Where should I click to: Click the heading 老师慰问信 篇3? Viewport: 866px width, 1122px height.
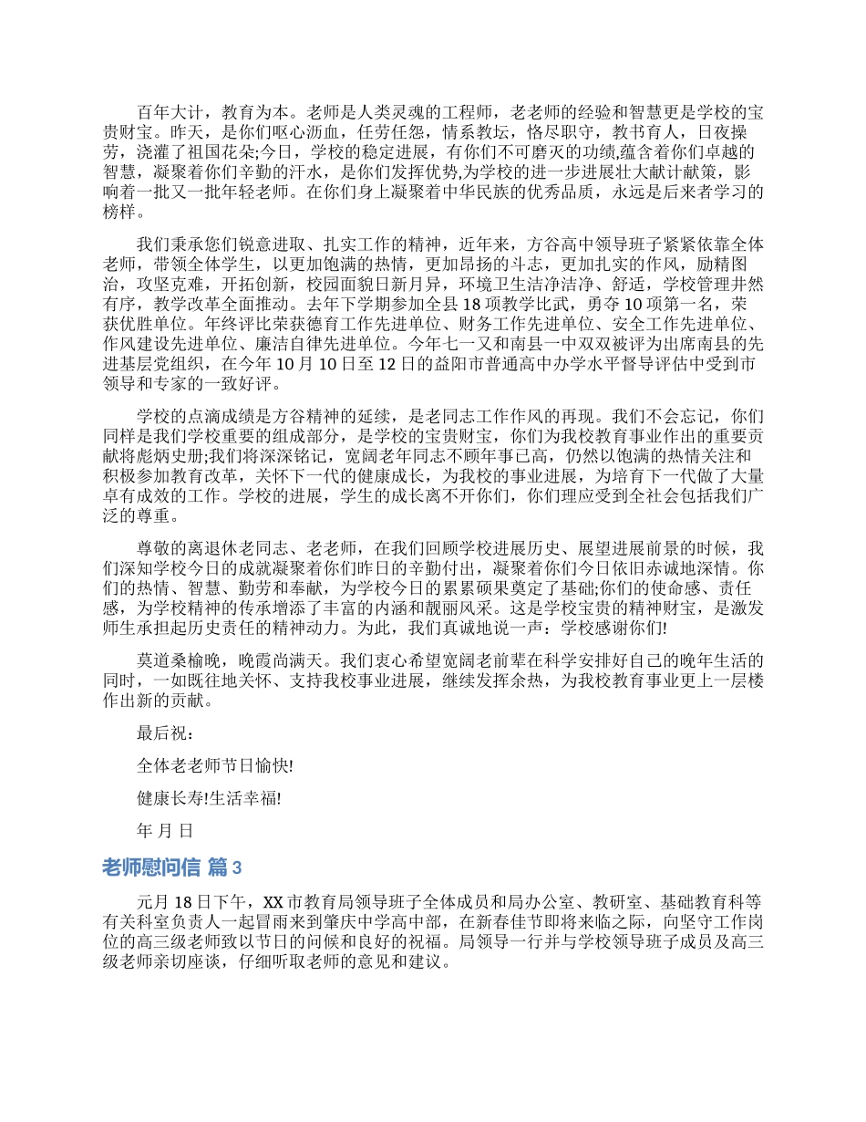pos(172,867)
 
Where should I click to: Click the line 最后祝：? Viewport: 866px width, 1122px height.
pos(167,732)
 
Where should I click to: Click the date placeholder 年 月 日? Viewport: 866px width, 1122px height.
pos(165,831)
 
